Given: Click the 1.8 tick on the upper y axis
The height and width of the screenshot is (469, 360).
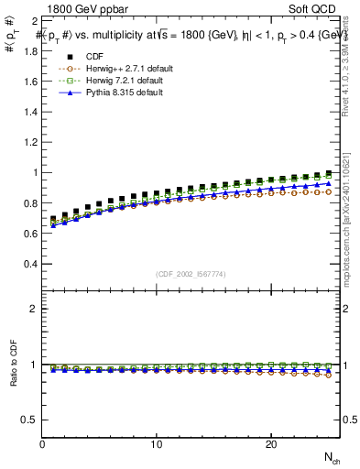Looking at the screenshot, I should (x=31, y=50).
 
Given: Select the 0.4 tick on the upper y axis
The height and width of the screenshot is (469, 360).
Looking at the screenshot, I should (x=31, y=264).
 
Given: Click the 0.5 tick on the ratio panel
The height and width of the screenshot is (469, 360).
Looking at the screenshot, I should (x=31, y=420).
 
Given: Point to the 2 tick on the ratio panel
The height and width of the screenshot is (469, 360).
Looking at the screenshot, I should (x=35, y=309).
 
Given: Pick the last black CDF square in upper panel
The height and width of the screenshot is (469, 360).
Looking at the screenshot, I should (x=329, y=173).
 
